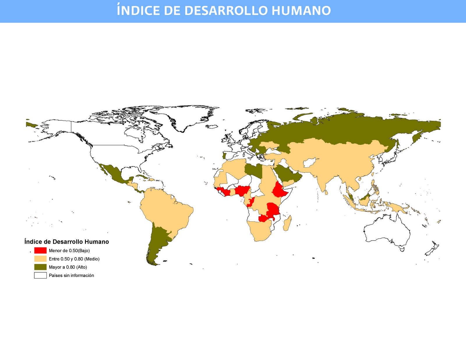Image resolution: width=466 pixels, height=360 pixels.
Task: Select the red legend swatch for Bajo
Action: point(40,250)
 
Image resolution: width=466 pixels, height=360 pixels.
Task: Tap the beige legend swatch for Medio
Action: point(40,259)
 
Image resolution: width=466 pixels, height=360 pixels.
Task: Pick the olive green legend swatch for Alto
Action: point(40,267)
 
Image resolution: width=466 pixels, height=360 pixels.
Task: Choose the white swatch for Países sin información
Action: point(40,275)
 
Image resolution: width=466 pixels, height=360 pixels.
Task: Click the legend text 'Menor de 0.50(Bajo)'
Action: point(69,250)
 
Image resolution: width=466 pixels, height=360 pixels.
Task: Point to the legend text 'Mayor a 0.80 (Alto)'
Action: point(68,267)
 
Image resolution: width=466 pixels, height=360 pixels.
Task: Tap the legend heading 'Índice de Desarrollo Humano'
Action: point(66,242)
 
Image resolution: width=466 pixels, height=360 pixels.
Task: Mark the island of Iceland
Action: point(212,127)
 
